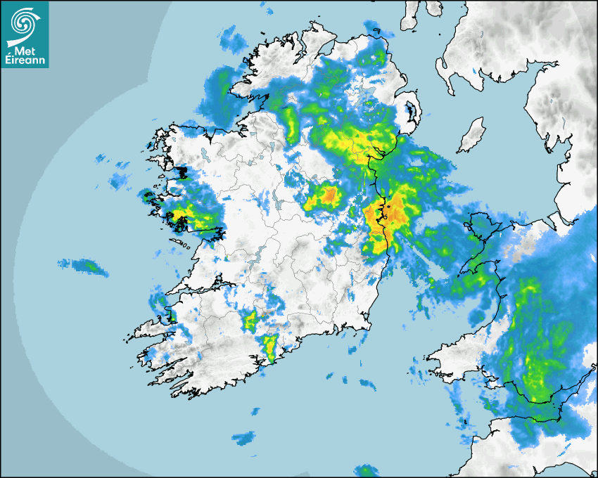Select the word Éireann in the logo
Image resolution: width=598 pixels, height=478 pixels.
25,60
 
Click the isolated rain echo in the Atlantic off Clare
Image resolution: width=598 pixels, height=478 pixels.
83,266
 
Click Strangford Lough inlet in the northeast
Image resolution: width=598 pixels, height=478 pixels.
409,112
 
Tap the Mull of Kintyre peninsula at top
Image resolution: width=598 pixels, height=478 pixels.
412,18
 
